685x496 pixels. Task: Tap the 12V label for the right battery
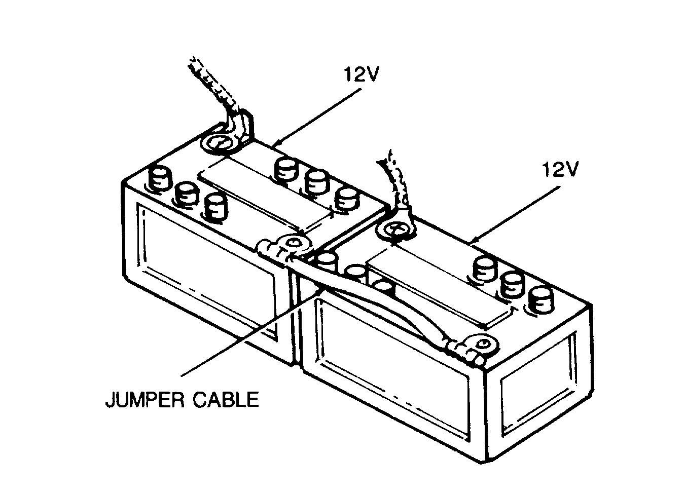pos(558,170)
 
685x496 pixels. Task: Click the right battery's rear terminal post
pos(395,230)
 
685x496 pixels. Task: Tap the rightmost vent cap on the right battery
pos(540,299)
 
